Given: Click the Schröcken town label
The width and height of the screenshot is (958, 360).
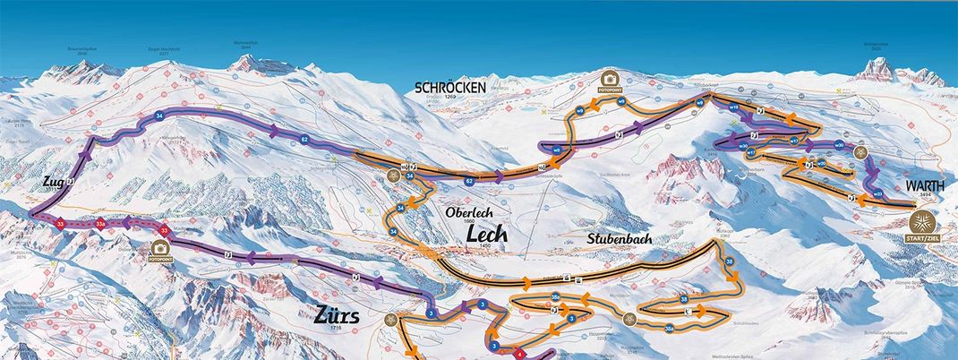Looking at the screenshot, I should click(450, 87).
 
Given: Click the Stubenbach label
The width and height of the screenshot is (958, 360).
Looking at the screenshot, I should click(620, 239).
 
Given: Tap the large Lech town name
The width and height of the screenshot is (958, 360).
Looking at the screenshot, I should click(486, 233).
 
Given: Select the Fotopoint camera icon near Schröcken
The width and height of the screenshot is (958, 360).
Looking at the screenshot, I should click(610, 81).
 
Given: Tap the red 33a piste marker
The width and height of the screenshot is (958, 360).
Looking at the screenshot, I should click(101, 223).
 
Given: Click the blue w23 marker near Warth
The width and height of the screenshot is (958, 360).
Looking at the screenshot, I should click(877, 193).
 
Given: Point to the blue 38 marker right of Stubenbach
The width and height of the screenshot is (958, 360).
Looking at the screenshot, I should click(730, 261).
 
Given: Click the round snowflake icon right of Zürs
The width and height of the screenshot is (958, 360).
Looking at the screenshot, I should click(389, 319).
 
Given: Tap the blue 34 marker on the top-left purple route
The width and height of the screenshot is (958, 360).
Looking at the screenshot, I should click(159, 117).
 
